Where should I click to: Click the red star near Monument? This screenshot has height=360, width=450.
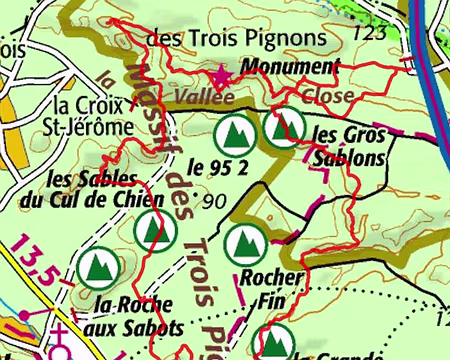point(222,75)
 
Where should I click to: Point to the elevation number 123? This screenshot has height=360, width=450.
point(369,34)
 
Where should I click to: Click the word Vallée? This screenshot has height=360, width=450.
point(203,97)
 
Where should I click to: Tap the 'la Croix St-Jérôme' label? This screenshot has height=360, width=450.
point(91,115)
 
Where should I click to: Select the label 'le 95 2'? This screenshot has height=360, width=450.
point(217,167)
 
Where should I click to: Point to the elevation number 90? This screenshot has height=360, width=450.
point(214,201)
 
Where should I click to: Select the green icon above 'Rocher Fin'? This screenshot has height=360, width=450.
point(241,243)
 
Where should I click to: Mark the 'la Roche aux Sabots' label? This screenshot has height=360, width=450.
point(136,316)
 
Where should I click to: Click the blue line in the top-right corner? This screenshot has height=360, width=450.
point(424,50)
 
